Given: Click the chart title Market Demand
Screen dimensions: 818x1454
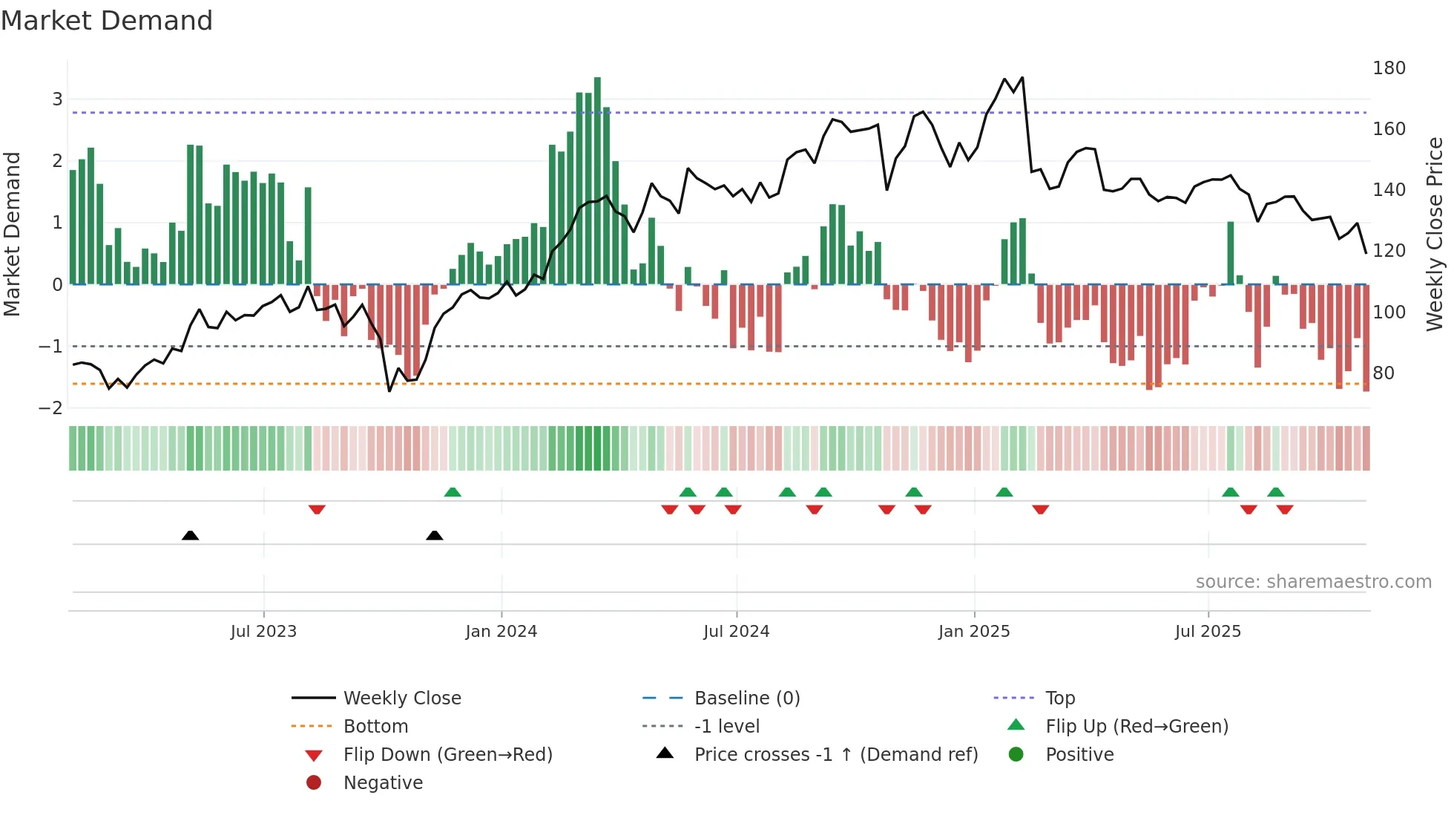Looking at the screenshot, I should point(107,21).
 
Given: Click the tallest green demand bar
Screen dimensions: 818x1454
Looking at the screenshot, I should point(597,178).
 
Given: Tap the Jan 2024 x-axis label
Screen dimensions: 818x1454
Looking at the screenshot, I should point(501,632).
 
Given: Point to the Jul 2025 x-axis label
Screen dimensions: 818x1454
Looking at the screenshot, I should point(1208,632).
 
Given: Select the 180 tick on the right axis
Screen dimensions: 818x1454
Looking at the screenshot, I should point(1389,68).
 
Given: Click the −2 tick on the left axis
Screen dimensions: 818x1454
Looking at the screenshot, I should point(50,408).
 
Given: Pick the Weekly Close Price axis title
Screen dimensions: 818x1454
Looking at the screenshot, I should point(1435,234).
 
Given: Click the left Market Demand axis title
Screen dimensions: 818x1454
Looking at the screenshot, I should point(12,234).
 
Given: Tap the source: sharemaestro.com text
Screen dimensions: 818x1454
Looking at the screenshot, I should point(1313,582).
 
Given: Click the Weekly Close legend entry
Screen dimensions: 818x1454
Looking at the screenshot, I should point(401,698).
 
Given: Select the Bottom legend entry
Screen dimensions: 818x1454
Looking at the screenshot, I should point(375,727).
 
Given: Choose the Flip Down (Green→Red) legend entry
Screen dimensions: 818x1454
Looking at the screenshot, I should point(447,755).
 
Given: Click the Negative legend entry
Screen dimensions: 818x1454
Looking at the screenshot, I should point(383,783).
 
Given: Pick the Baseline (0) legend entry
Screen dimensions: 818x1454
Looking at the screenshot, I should point(746,698).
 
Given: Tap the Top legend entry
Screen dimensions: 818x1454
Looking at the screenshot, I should point(1060,698).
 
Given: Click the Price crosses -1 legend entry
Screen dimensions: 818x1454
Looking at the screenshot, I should point(835,755).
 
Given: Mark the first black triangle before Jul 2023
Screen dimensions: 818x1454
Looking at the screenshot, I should point(190,535).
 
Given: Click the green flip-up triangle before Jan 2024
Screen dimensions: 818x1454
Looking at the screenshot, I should point(453,492).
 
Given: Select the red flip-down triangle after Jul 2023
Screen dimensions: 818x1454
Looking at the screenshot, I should point(317,509).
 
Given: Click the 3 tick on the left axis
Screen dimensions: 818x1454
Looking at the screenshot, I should point(57,99).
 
